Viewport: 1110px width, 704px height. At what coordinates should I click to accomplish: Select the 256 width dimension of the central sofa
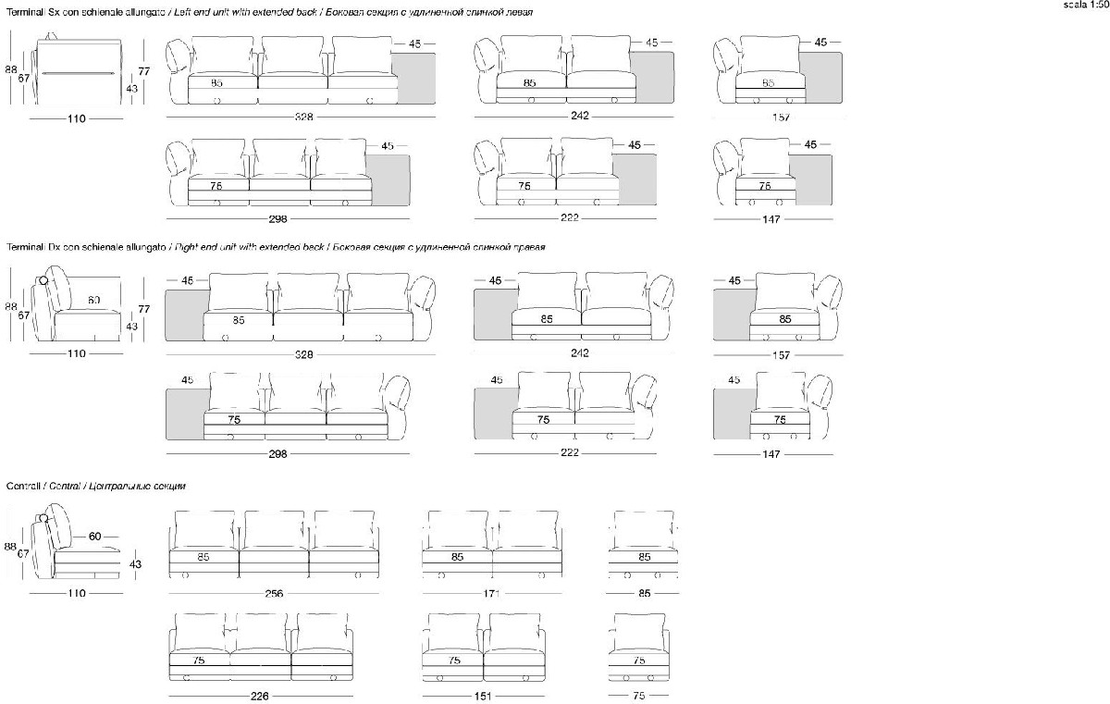274,594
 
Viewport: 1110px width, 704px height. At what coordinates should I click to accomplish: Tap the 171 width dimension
492,593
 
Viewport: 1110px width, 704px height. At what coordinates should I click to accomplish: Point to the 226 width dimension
261,697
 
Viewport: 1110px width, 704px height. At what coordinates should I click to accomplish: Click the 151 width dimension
482,697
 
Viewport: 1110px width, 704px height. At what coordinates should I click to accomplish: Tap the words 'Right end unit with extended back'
250,248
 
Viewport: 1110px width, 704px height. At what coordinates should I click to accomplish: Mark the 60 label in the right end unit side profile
94,301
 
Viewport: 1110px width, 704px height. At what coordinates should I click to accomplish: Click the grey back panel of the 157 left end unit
821,77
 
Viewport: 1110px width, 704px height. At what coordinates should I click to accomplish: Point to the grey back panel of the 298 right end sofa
184,414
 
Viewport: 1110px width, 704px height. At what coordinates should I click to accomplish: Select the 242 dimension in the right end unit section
580,353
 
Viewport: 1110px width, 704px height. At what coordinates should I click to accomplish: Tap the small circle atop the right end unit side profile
43,279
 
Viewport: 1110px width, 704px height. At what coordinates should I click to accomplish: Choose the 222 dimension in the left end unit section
570,218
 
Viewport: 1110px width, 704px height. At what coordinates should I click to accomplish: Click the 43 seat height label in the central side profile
135,564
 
